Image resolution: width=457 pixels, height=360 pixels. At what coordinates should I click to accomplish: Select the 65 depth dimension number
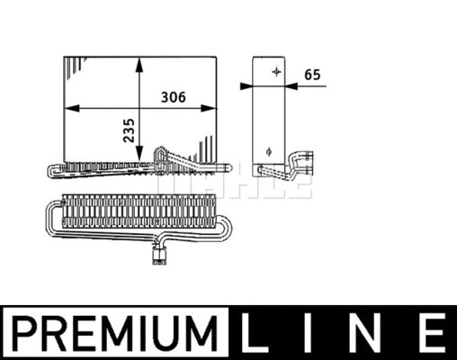click(312, 76)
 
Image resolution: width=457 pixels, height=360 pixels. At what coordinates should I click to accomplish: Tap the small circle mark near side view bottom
click(268, 150)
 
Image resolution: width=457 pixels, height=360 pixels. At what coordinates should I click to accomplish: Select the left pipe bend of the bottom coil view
click(53, 215)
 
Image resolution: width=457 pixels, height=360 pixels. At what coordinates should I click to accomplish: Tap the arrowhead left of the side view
click(246, 86)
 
